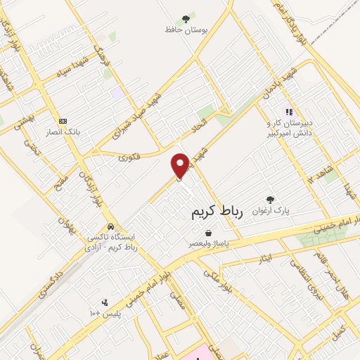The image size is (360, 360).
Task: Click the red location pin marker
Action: pos(181,165)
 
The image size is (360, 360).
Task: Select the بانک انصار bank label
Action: pos(63,131)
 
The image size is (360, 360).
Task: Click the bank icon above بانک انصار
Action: pos(63,121)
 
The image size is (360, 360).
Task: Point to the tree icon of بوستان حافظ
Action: pos(186,19)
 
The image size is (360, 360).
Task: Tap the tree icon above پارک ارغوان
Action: pos(269,200)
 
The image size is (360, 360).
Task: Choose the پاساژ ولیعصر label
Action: pos(209,243)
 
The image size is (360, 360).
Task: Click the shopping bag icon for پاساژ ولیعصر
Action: pos(208,233)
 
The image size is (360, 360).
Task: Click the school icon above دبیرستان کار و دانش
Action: pos(288,111)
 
